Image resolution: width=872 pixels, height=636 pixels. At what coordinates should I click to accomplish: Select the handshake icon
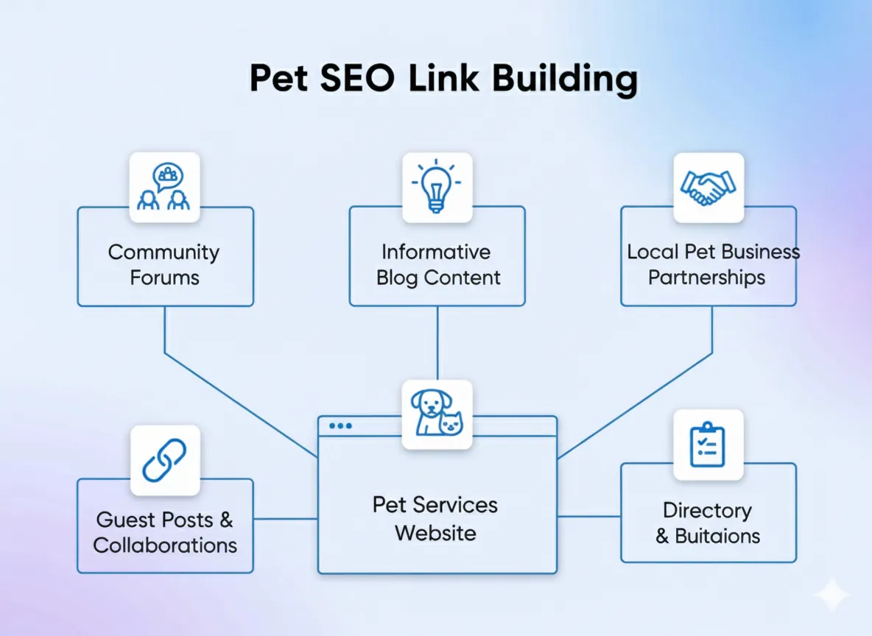(x=708, y=187)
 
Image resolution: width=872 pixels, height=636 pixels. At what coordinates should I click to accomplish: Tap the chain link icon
(x=165, y=460)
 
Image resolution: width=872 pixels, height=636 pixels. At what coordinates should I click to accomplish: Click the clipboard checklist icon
(x=708, y=445)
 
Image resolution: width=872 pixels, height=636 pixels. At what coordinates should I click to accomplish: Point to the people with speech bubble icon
(x=165, y=187)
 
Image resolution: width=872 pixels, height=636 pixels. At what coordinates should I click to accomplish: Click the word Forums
(x=165, y=278)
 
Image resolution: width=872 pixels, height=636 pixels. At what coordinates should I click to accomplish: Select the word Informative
(x=436, y=252)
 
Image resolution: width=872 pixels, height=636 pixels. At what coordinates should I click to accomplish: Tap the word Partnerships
(x=707, y=278)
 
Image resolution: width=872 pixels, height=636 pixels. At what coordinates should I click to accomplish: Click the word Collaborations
(x=165, y=545)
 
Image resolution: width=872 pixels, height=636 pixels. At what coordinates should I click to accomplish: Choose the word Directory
(x=707, y=510)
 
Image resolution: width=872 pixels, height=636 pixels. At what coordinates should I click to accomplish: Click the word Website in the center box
(x=435, y=533)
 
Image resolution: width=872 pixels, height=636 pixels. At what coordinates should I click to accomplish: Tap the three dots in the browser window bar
(x=341, y=426)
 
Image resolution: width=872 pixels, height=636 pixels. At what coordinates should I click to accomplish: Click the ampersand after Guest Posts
(x=226, y=520)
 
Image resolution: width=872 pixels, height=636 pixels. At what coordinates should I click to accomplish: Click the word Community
(x=164, y=252)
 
